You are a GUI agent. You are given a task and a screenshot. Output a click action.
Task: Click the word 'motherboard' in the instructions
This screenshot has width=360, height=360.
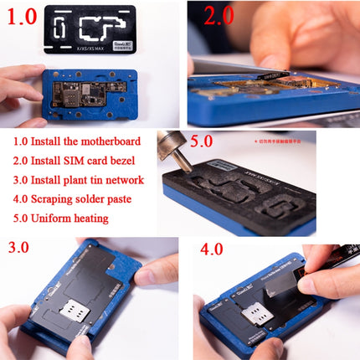pyautogui.click(x=110, y=141)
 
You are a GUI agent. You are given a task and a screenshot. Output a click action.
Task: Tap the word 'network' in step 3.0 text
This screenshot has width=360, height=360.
pyautogui.click(x=123, y=179)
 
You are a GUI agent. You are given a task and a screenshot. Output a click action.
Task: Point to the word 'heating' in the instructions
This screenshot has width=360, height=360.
pyautogui.click(x=104, y=219)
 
